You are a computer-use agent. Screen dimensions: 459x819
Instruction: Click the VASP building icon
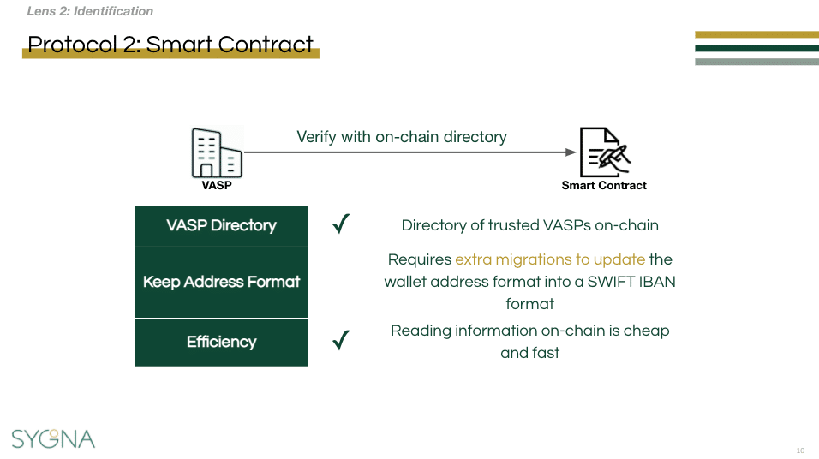[x=216, y=152]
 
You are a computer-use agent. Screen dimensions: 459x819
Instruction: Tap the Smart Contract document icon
[x=604, y=152]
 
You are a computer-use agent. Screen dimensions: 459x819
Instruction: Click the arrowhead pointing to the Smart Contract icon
[x=571, y=152]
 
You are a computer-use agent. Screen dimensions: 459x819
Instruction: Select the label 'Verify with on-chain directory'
[x=402, y=137]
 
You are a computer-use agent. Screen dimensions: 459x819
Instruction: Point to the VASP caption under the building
[x=217, y=185]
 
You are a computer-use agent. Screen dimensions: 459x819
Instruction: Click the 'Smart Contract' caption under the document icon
[x=604, y=185]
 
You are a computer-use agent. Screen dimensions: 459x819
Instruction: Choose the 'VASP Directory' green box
[x=221, y=225]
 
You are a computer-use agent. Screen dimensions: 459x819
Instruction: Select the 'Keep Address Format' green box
[x=221, y=282]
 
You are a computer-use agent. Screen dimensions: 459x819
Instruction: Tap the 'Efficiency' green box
[x=221, y=342]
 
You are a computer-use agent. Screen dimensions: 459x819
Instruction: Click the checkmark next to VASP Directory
[x=341, y=224]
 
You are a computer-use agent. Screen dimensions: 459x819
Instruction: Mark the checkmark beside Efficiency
[x=341, y=341]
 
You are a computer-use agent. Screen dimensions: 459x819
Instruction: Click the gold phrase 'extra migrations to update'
[x=550, y=259]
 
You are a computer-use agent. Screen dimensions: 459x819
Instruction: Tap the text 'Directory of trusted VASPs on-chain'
[x=529, y=225]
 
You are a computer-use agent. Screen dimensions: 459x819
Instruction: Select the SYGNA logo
[x=53, y=438]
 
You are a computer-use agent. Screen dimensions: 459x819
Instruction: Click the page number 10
[x=800, y=450]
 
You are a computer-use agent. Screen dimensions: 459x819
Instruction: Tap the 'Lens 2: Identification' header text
[x=90, y=12]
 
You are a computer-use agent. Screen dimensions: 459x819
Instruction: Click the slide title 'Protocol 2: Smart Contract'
[x=170, y=45]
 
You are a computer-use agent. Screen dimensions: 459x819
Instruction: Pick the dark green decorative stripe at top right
[x=756, y=48]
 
